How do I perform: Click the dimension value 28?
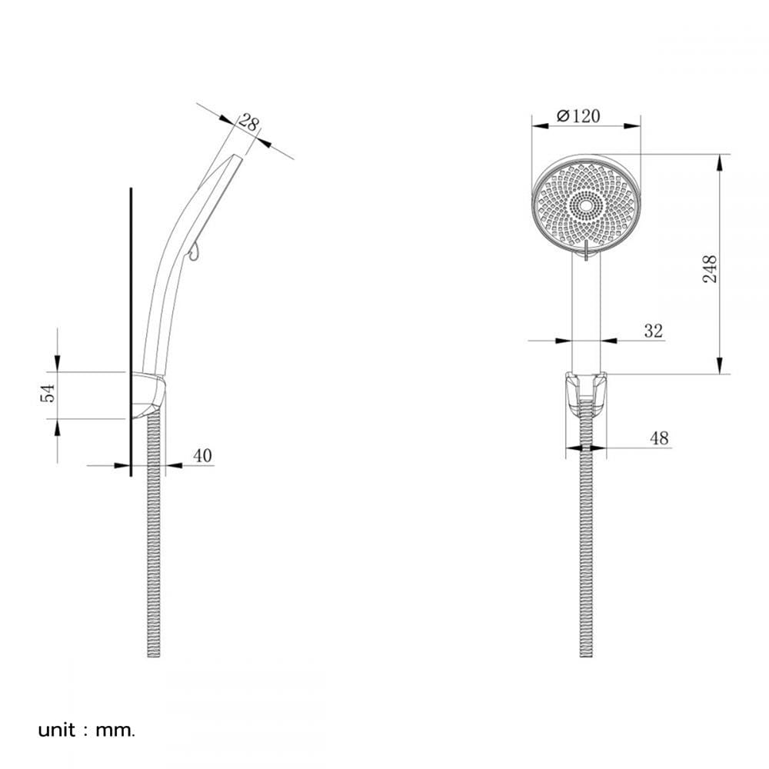click(248, 122)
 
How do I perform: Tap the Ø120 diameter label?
click(579, 116)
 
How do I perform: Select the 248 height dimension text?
click(710, 268)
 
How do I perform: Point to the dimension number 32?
click(653, 331)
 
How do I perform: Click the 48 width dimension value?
click(659, 438)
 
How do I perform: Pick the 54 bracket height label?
click(48, 393)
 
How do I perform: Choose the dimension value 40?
click(202, 455)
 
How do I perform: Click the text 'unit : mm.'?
click(86, 731)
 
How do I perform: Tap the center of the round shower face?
click(586, 205)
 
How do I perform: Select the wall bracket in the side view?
click(148, 395)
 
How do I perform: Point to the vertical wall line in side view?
click(131, 331)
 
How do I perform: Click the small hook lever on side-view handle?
click(194, 251)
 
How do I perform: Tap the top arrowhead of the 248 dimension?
click(720, 162)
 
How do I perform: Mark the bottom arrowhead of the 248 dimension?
click(720, 366)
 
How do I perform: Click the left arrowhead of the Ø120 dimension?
click(541, 126)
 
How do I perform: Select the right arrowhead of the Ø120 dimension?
click(633, 126)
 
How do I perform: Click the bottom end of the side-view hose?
click(154, 656)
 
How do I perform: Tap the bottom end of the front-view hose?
click(586, 656)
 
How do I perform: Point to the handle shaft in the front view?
click(586, 314)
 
